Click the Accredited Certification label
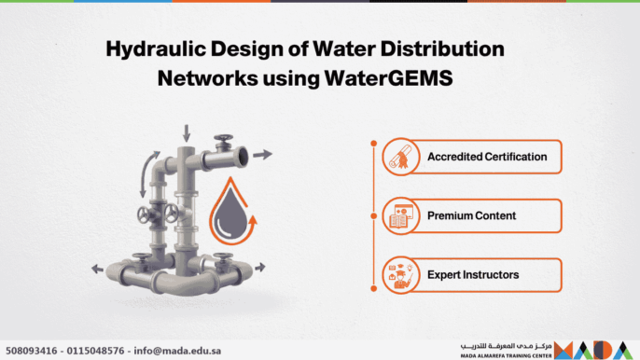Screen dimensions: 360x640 pyautogui.click(x=487, y=156)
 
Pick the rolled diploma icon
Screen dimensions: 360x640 pyautogui.click(x=397, y=157)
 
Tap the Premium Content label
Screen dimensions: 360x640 pyautogui.click(x=471, y=215)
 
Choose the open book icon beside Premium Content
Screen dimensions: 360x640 pyautogui.click(x=397, y=216)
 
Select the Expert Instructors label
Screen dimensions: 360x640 pyautogui.click(x=473, y=275)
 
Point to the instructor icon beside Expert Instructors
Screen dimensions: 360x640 pyautogui.click(x=397, y=276)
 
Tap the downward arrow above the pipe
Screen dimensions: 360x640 pyautogui.click(x=187, y=132)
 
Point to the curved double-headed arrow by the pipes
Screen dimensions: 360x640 pyautogui.click(x=146, y=174)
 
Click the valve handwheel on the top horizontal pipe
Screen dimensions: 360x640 pyautogui.click(x=222, y=142)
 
